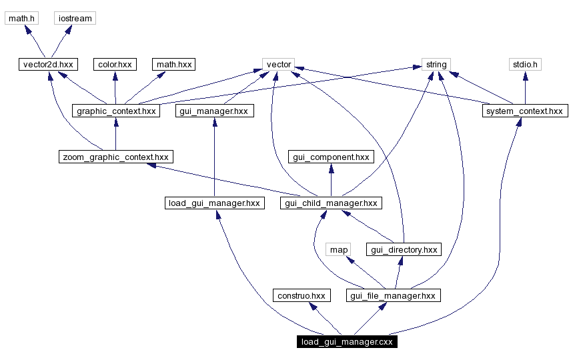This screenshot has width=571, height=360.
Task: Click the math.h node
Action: pos(21,18)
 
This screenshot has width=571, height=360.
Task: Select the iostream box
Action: pos(75,18)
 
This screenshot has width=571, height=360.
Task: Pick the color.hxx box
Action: pos(115,65)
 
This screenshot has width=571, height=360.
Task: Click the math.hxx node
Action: pos(173,65)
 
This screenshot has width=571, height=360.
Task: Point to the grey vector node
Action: pos(279,65)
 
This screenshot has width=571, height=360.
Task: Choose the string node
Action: pos(436,65)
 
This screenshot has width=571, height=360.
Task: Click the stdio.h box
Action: pos(524,65)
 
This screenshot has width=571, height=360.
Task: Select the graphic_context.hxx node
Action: pos(116,111)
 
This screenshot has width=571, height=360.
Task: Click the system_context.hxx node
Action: pos(524,111)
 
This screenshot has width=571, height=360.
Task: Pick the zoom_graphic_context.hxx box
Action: pos(115,157)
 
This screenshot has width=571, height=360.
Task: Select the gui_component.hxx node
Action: pos(331,157)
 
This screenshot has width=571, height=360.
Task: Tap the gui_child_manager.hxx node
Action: pos(331,203)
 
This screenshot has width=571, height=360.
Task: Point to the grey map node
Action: pos(339,249)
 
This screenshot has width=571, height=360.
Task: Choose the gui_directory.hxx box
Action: pos(404,249)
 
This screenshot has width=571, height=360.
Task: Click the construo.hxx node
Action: pos(302,295)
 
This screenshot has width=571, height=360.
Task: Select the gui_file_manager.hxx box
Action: pos(394,295)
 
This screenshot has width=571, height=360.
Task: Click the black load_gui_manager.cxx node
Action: pos(348,342)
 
